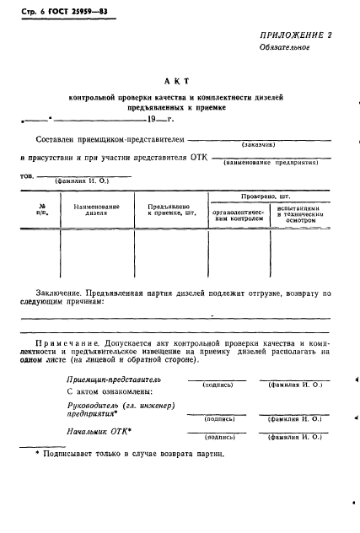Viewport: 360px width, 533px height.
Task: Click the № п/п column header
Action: (x=42, y=210)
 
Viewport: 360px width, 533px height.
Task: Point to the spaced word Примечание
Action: (x=71, y=344)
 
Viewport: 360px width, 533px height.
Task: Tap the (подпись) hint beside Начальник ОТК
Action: (x=219, y=438)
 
